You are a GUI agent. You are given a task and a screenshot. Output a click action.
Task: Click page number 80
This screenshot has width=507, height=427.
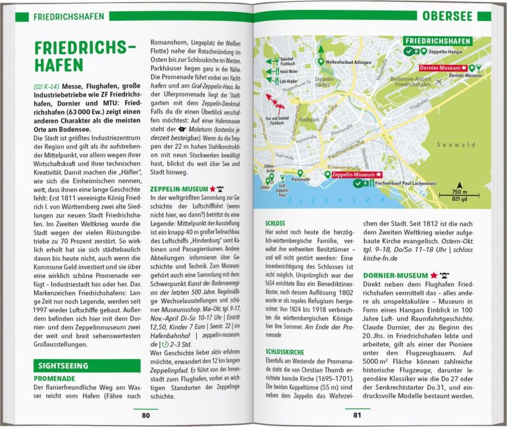[146, 415]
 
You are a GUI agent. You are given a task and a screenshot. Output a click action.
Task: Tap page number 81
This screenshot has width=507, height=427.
[358, 415]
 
